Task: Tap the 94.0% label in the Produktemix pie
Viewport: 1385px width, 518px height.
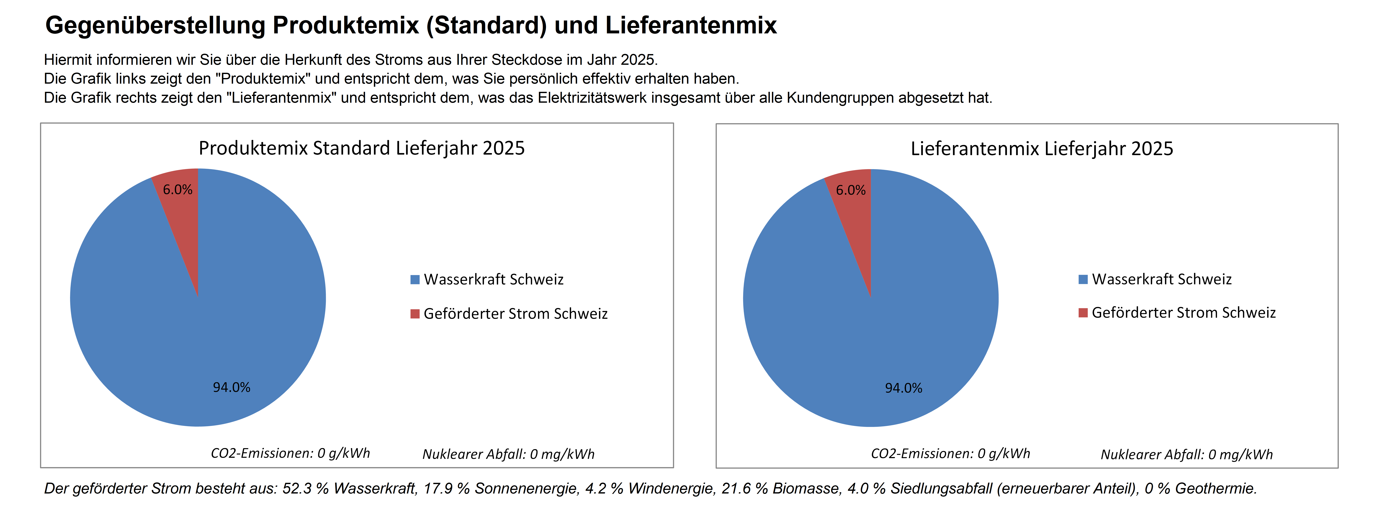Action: [232, 387]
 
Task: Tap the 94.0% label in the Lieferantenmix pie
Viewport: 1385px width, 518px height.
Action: [904, 388]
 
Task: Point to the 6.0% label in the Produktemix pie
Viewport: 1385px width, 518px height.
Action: [177, 190]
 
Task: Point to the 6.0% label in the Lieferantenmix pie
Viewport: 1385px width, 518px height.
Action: [851, 190]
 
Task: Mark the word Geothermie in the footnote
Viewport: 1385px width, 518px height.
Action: [1216, 488]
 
